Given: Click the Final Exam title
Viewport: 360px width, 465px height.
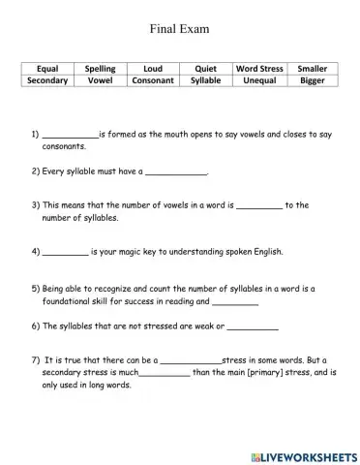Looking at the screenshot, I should pyautogui.click(x=179, y=29).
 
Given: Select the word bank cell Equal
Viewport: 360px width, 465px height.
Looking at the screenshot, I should pyautogui.click(x=47, y=69).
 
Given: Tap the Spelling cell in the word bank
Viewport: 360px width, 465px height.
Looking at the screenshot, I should pyautogui.click(x=101, y=69).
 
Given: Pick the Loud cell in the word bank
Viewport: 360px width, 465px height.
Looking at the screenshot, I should pyautogui.click(x=153, y=69).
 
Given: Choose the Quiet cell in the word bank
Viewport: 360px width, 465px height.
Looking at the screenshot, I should pyautogui.click(x=205, y=69).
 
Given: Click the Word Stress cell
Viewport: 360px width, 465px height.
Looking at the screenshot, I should pyautogui.click(x=259, y=69).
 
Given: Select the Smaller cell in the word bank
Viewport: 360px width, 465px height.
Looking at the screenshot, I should pyautogui.click(x=313, y=69).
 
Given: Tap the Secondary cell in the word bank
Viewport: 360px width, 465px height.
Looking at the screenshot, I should pyautogui.click(x=47, y=81).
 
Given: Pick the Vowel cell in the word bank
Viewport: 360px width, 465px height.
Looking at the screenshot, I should pyautogui.click(x=101, y=81).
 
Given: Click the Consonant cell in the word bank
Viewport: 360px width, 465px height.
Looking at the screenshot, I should pyautogui.click(x=153, y=81).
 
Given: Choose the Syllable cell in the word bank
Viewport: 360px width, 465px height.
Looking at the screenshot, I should pyautogui.click(x=205, y=81).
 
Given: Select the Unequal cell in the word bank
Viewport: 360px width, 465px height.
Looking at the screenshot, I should pyautogui.click(x=259, y=81).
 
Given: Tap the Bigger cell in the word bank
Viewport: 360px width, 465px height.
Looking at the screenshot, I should pyautogui.click(x=313, y=81).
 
